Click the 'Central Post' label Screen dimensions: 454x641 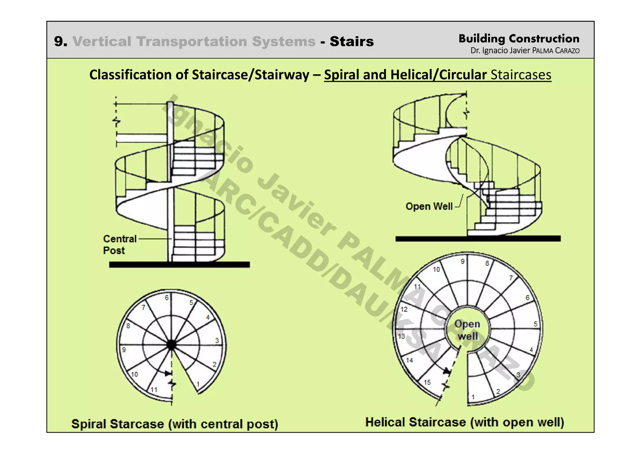click(x=120, y=245)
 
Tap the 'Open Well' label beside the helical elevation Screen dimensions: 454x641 click(x=429, y=206)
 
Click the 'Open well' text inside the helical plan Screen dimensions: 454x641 click(x=467, y=330)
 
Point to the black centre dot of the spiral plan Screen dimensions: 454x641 click(x=172, y=345)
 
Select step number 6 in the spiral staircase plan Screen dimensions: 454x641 click(x=167, y=298)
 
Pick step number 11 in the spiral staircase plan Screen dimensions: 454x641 click(x=154, y=390)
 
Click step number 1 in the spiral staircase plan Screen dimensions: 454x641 click(x=198, y=384)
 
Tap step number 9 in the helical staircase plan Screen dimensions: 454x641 click(x=463, y=261)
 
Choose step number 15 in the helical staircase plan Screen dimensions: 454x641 click(x=427, y=382)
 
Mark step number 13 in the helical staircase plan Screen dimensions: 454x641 click(x=402, y=336)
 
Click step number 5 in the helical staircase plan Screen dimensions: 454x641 click(x=536, y=324)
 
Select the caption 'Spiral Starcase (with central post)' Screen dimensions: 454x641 click(x=175, y=424)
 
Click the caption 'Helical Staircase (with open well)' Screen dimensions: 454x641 click(x=464, y=422)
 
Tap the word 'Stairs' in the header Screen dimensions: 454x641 click(x=351, y=41)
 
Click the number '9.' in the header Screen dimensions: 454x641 click(x=60, y=41)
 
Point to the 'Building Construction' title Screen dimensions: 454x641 click(x=519, y=39)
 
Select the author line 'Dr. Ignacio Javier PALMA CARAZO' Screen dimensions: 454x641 click(x=525, y=50)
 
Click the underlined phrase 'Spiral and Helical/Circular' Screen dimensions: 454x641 click(x=405, y=75)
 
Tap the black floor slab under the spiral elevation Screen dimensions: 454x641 click(x=179, y=265)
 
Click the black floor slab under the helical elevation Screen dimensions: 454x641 click(x=478, y=239)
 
